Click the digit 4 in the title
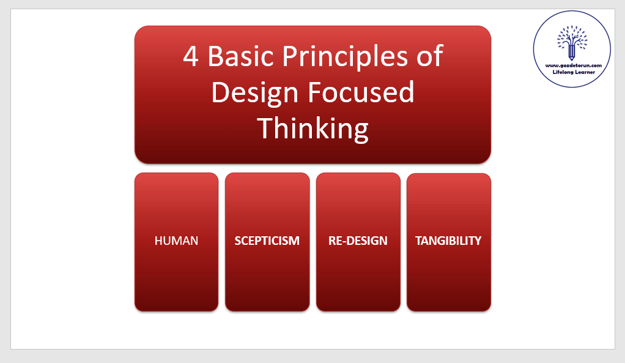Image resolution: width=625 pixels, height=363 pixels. [x=191, y=56]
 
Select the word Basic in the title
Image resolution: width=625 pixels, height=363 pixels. [x=240, y=56]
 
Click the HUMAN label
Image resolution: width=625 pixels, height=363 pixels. [x=176, y=241]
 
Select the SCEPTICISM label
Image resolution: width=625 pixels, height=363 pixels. [x=267, y=241]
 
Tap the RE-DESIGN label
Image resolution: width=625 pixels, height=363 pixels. [x=358, y=241]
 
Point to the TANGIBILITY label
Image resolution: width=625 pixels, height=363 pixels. [x=448, y=241]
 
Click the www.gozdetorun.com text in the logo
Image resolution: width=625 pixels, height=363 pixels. [x=574, y=65]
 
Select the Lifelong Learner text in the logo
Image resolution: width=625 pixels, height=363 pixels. [x=574, y=72]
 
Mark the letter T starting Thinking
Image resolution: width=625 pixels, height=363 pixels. [x=265, y=128]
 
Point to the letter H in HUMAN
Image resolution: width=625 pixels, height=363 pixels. [x=158, y=241]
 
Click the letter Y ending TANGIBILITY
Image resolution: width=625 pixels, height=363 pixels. [x=478, y=241]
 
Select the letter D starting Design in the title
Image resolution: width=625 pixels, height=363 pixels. [x=220, y=92]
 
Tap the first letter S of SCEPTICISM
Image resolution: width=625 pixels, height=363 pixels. [x=237, y=241]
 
